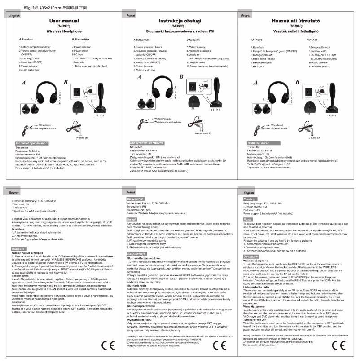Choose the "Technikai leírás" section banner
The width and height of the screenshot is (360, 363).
pos(259,143)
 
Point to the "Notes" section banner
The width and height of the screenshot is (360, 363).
pos(247,219)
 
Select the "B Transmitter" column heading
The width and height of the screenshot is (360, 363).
pos(82,40)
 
